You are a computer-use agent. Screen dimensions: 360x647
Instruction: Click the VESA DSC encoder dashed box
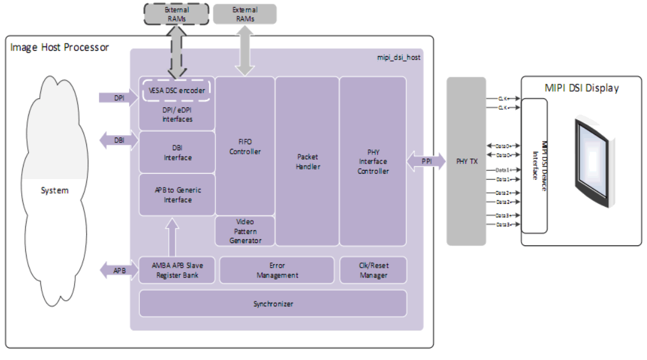(177, 90)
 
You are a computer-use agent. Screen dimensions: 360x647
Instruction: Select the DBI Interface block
(177, 153)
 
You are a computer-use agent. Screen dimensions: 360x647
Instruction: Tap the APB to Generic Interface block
(177, 195)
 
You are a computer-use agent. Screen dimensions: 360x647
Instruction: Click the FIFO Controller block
(245, 146)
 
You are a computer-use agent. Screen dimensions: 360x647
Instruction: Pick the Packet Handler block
(307, 161)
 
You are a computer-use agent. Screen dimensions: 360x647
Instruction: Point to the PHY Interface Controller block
(373, 161)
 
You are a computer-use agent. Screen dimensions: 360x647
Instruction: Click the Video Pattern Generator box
(245, 231)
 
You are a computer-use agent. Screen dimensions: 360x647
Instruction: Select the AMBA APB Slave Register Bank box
(177, 270)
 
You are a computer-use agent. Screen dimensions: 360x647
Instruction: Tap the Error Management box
(277, 270)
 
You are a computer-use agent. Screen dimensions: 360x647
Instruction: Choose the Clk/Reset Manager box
(373, 270)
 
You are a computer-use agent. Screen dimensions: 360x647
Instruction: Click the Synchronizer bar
(273, 303)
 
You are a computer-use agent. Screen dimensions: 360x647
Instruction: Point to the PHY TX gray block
(466, 161)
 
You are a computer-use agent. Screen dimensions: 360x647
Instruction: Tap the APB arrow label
(119, 270)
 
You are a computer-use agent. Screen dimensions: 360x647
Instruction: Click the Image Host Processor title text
(59, 47)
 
